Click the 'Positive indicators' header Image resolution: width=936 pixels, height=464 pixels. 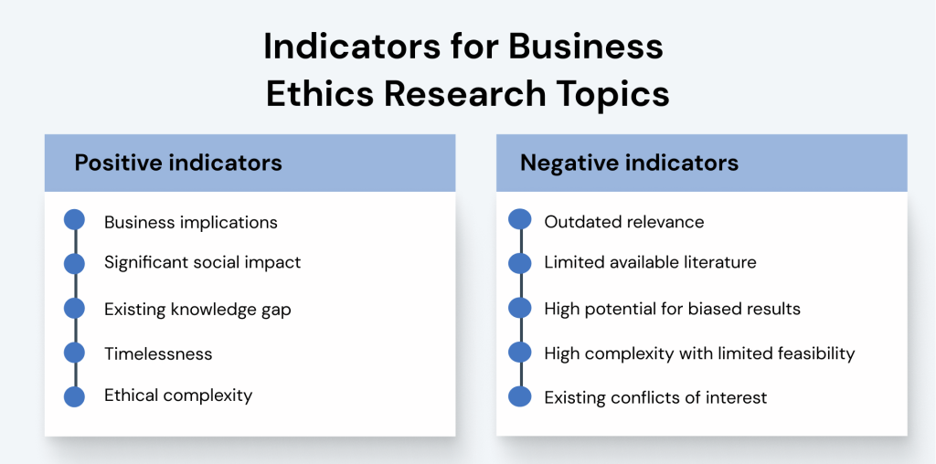(x=178, y=163)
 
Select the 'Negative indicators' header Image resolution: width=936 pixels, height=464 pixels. (x=629, y=163)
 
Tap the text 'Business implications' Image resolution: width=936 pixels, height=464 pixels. (x=190, y=222)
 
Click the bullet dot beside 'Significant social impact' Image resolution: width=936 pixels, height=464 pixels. (x=75, y=264)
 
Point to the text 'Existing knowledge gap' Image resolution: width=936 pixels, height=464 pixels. (x=197, y=310)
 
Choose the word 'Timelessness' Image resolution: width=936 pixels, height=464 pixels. (x=158, y=353)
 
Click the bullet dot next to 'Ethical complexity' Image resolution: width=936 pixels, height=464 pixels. (x=75, y=396)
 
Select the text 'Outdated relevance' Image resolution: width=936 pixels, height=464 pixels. (x=623, y=222)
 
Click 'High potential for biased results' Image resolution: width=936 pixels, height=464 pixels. (x=672, y=309)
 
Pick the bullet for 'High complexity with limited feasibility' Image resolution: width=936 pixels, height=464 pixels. (x=519, y=353)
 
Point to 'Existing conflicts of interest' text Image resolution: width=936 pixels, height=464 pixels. (x=655, y=397)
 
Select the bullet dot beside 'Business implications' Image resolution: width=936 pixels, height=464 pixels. (x=75, y=220)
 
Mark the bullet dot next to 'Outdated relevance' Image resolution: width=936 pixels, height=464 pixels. (x=519, y=220)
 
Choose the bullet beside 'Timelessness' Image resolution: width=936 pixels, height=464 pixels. (x=75, y=353)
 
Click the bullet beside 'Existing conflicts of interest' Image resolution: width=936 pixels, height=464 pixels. (x=519, y=396)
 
